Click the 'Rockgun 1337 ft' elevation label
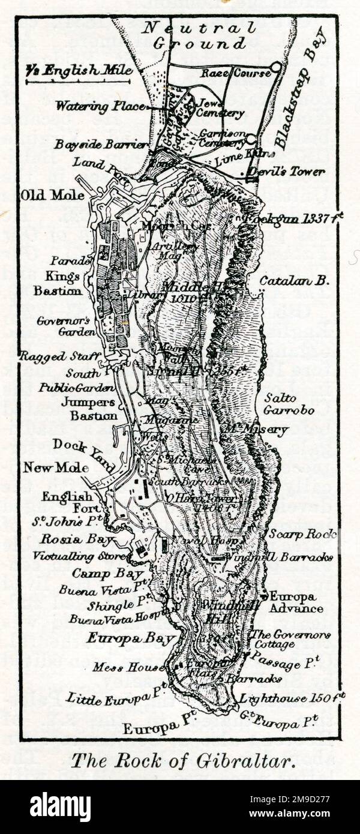coord(293,219)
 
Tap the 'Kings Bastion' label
coord(63,284)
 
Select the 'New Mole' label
coord(56,467)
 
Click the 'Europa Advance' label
coord(296,602)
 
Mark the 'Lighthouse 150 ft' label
coord(292,698)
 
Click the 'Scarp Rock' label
coord(302,534)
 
